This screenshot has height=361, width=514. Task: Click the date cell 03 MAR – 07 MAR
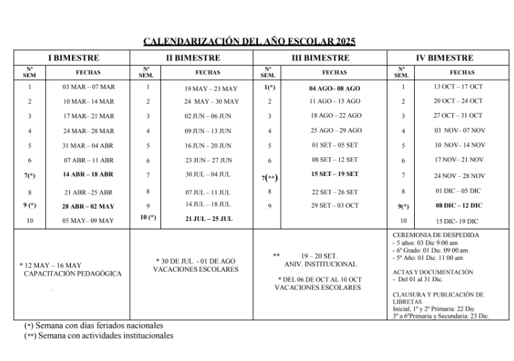point(88,87)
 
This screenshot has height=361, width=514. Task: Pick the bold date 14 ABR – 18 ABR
point(88,175)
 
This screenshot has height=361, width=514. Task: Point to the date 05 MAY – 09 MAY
point(88,221)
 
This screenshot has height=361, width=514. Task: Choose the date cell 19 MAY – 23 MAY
point(211,89)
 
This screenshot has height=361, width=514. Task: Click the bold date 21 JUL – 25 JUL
point(208,218)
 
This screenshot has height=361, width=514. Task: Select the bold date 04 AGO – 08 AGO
point(335,89)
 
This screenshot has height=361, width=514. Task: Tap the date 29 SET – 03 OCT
point(335,206)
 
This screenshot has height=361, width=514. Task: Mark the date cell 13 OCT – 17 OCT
point(458,87)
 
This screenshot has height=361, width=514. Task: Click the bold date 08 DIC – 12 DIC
point(458,206)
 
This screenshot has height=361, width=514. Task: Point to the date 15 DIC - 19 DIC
point(458,221)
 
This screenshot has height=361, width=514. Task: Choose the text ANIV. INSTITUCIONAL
point(320,264)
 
